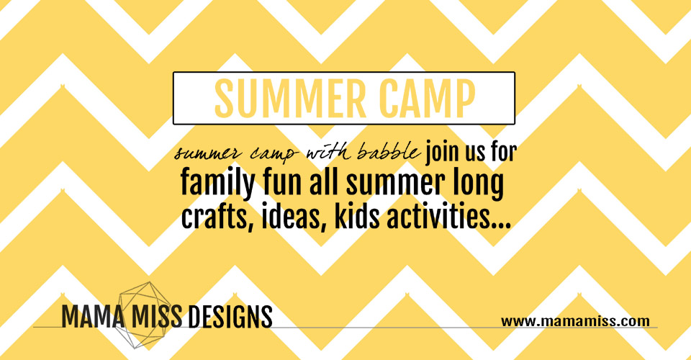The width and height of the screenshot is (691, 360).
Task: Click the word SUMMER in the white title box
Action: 290,99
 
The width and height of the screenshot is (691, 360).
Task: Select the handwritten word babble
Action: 388,153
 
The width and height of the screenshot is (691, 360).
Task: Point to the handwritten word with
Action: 328,153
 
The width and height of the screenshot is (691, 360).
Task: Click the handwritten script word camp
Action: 274,155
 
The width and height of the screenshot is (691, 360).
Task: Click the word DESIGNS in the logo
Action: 230,316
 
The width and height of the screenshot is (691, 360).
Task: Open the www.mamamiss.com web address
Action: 575,321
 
